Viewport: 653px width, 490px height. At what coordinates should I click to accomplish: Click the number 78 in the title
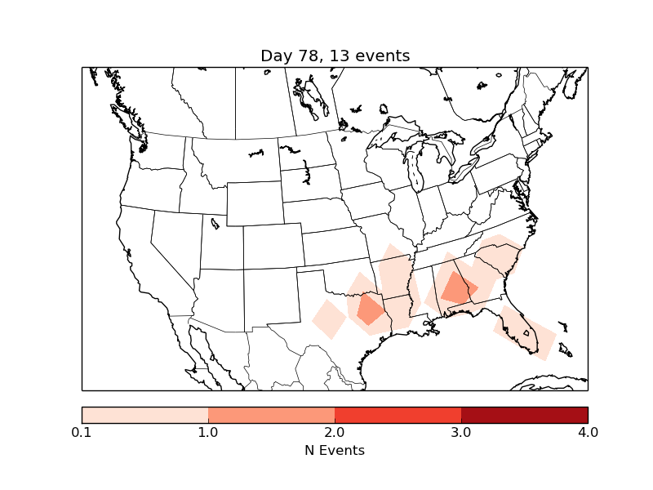click(x=307, y=56)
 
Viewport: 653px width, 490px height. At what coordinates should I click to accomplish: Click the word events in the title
click(x=383, y=56)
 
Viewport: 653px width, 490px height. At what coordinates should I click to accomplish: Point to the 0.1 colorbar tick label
click(x=82, y=432)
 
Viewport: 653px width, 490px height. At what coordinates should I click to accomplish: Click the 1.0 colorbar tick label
click(x=208, y=432)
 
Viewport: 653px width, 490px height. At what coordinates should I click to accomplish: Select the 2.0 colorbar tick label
click(x=335, y=432)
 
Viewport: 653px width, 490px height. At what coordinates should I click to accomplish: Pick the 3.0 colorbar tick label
click(x=461, y=432)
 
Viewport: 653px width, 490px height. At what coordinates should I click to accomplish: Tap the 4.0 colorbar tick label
click(x=587, y=432)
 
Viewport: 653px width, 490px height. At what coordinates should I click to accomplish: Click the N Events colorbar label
click(x=335, y=450)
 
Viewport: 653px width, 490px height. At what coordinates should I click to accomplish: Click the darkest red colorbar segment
click(x=524, y=415)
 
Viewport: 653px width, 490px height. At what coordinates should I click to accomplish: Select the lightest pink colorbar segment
click(x=145, y=415)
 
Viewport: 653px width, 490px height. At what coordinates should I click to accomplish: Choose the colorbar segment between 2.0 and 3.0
click(x=398, y=415)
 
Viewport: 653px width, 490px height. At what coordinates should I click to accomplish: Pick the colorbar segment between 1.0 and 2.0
click(x=271, y=415)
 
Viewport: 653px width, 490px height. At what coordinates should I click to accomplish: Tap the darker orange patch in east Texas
click(x=371, y=310)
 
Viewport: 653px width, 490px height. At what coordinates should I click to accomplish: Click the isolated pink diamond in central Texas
click(x=329, y=318)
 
